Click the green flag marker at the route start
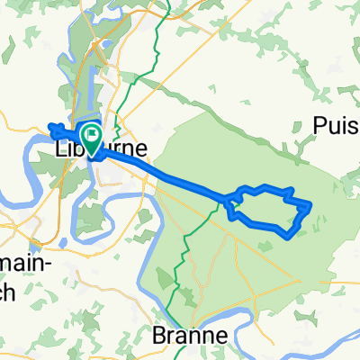tap(91, 134)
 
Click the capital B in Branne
tap(159, 335)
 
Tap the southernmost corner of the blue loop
tap(287, 238)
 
